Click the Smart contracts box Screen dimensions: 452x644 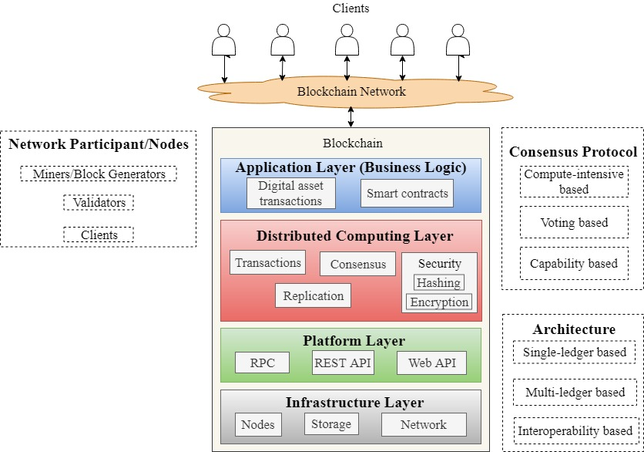pyautogui.click(x=407, y=194)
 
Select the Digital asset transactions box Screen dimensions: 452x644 pyautogui.click(x=290, y=194)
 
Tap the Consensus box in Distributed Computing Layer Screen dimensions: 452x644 pyautogui.click(x=357, y=265)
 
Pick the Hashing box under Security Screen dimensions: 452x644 pyautogui.click(x=438, y=282)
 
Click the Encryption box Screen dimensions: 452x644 pyautogui.click(x=439, y=302)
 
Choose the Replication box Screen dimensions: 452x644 pyautogui.click(x=313, y=295)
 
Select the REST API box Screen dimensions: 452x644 pyautogui.click(x=343, y=363)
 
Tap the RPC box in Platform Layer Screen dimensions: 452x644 pyautogui.click(x=262, y=363)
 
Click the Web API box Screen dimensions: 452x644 pyautogui.click(x=431, y=363)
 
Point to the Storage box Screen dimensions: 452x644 pyautogui.click(x=331, y=424)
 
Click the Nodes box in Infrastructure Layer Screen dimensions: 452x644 pyautogui.click(x=257, y=424)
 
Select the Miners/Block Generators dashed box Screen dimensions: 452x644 pyautogui.click(x=99, y=174)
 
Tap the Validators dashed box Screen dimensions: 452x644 pyautogui.click(x=99, y=203)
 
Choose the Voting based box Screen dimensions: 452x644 pyautogui.click(x=574, y=222)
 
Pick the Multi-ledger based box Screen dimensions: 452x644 pyautogui.click(x=574, y=392)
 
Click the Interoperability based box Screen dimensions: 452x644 pyautogui.click(x=575, y=430)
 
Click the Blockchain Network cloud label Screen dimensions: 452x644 pyautogui.click(x=351, y=92)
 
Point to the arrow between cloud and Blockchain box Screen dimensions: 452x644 pyautogui.click(x=351, y=116)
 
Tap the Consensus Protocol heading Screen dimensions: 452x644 pyautogui.click(x=573, y=151)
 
